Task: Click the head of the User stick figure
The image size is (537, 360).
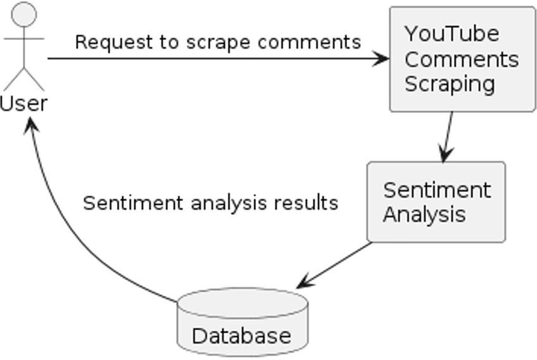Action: pyautogui.click(x=24, y=14)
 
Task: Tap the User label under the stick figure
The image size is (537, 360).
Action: pyautogui.click(x=23, y=103)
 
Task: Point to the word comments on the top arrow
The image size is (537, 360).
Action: pyautogui.click(x=309, y=42)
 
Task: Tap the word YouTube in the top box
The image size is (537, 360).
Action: pyautogui.click(x=452, y=34)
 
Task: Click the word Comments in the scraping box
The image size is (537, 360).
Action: pyautogui.click(x=462, y=59)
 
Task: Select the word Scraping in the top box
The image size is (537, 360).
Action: pyautogui.click(x=450, y=84)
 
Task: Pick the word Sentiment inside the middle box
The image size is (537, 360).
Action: pyautogui.click(x=437, y=190)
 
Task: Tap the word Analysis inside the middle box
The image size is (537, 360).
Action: pyautogui.click(x=424, y=215)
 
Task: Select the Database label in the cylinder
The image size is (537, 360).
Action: pyautogui.click(x=241, y=336)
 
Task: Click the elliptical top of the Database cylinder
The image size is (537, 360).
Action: pyautogui.click(x=243, y=303)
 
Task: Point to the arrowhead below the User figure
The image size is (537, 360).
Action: pyautogui.click(x=31, y=125)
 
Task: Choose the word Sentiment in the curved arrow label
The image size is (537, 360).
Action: pyautogui.click(x=133, y=203)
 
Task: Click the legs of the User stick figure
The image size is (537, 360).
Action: pyautogui.click(x=24, y=79)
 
